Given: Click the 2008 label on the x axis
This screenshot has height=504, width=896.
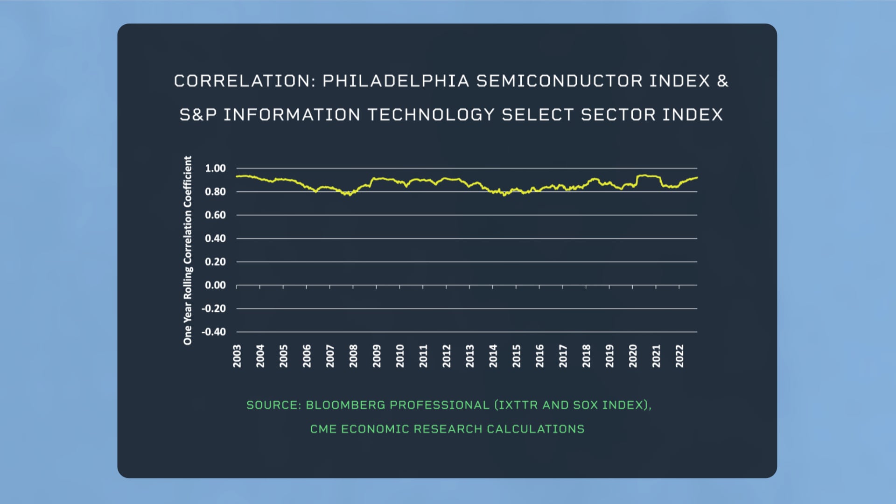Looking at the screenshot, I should [x=353, y=356].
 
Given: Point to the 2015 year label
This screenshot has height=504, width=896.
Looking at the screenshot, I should [x=516, y=356].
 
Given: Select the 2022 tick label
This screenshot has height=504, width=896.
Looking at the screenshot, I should [x=679, y=356].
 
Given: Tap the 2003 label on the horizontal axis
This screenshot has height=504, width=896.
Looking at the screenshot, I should [x=237, y=356].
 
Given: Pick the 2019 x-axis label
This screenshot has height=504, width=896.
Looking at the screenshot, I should [x=609, y=356].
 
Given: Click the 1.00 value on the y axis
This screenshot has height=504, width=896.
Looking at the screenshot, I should [x=215, y=168].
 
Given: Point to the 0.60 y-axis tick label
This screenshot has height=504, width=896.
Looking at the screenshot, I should [x=215, y=215].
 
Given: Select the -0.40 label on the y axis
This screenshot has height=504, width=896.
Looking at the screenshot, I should [x=213, y=332].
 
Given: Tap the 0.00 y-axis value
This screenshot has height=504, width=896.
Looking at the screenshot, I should [x=215, y=285].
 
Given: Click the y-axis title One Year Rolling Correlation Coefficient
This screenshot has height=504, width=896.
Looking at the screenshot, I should [x=188, y=251].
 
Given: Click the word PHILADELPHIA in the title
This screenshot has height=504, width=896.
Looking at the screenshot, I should [x=396, y=81].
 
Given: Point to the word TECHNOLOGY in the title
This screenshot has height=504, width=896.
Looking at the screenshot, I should [x=431, y=115].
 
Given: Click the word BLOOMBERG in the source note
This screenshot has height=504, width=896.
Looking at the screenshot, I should [x=345, y=405].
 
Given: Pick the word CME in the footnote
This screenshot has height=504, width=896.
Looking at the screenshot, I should [x=323, y=429].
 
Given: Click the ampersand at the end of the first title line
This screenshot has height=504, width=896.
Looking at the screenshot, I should [x=722, y=81].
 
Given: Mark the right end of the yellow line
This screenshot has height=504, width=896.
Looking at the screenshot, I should [x=697, y=177].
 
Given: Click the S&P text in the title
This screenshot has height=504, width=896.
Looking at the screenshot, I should [x=198, y=115].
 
